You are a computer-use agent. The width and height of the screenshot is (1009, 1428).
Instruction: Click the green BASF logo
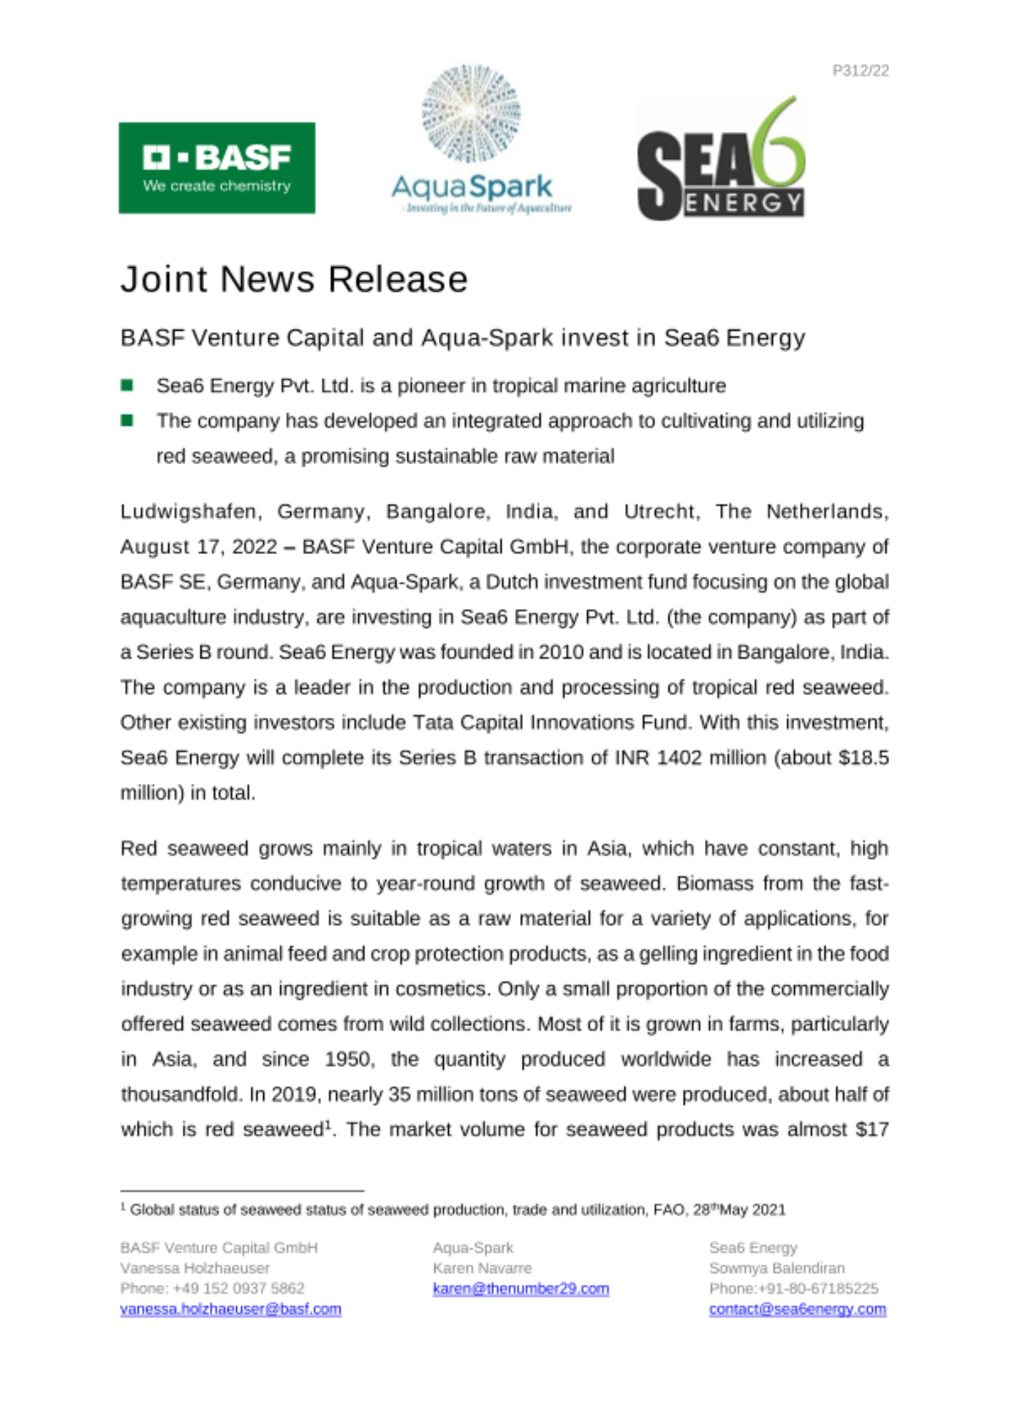[216, 168]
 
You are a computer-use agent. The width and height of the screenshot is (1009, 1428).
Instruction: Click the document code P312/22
[860, 71]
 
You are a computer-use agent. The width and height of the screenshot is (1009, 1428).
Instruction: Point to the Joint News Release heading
[293, 279]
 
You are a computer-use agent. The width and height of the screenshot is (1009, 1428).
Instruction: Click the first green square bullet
[127, 386]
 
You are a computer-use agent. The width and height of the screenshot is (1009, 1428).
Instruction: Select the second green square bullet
[127, 421]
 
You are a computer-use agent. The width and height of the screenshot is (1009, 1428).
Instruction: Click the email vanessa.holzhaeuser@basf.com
[230, 1309]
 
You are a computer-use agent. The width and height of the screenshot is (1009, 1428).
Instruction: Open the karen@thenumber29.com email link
[520, 1289]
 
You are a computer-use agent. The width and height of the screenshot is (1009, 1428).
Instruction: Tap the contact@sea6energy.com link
[797, 1309]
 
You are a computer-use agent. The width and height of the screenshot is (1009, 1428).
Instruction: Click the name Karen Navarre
[482, 1269]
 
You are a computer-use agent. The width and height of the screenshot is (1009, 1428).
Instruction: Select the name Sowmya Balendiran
[776, 1269]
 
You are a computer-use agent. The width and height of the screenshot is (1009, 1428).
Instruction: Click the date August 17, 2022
[198, 547]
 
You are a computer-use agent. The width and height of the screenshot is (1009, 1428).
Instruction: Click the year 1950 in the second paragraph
[349, 1059]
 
